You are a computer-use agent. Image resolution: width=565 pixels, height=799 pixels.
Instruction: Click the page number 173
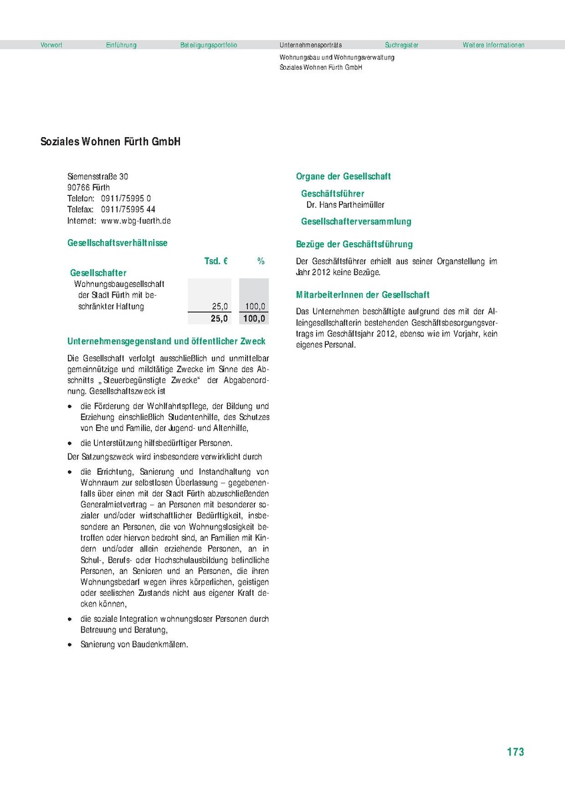click(x=515, y=752)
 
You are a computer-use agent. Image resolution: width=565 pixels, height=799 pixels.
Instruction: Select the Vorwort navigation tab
click(x=51, y=45)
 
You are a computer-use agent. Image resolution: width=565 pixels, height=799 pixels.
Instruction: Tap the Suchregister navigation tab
click(x=401, y=45)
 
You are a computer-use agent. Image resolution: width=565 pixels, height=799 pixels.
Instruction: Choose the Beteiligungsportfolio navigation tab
click(x=209, y=45)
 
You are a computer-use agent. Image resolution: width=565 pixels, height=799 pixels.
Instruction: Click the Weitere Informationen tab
click(x=493, y=45)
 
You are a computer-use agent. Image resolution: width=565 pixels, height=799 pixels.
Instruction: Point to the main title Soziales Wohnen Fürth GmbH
click(x=111, y=142)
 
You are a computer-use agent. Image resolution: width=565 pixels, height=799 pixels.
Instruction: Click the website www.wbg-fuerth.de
click(x=136, y=220)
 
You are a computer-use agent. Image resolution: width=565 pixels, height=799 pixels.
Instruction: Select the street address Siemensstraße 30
click(x=98, y=176)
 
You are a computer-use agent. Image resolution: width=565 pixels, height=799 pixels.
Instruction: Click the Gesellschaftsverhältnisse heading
click(x=117, y=244)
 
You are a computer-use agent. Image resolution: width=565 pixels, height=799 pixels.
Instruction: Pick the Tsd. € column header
click(x=216, y=262)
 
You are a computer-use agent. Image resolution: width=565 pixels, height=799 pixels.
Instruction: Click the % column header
click(x=261, y=262)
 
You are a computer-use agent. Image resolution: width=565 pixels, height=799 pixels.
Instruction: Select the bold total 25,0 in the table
click(x=219, y=319)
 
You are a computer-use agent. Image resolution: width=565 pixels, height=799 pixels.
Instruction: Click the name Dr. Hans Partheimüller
click(x=345, y=205)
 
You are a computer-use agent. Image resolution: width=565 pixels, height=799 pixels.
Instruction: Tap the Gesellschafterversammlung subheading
click(x=356, y=221)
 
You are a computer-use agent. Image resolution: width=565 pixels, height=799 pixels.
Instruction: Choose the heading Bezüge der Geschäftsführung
click(x=354, y=244)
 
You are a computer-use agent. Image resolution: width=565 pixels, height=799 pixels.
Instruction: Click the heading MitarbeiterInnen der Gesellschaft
click(x=362, y=294)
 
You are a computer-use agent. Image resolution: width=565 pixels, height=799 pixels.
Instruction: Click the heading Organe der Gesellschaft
click(x=343, y=176)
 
